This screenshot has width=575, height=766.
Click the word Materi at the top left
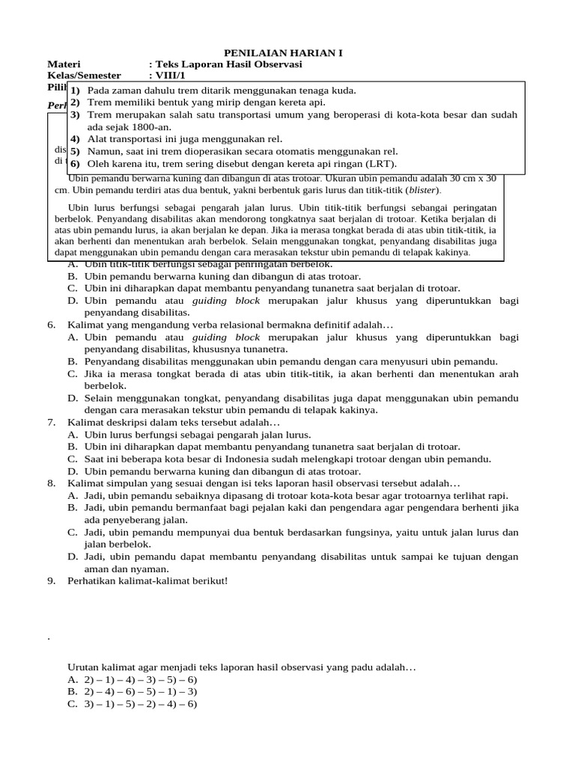click(x=64, y=65)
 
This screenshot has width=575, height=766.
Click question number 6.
click(x=52, y=325)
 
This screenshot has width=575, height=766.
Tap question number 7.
click(x=52, y=423)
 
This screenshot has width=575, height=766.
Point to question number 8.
click(x=52, y=483)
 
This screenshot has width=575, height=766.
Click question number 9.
click(x=52, y=580)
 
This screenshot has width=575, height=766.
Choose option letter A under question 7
click(x=73, y=435)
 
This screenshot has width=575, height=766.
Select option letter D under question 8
click(x=73, y=557)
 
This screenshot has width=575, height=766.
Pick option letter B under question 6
click(x=73, y=361)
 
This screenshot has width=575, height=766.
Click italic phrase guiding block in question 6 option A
click(x=226, y=337)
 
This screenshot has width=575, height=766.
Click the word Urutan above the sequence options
click(x=85, y=666)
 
